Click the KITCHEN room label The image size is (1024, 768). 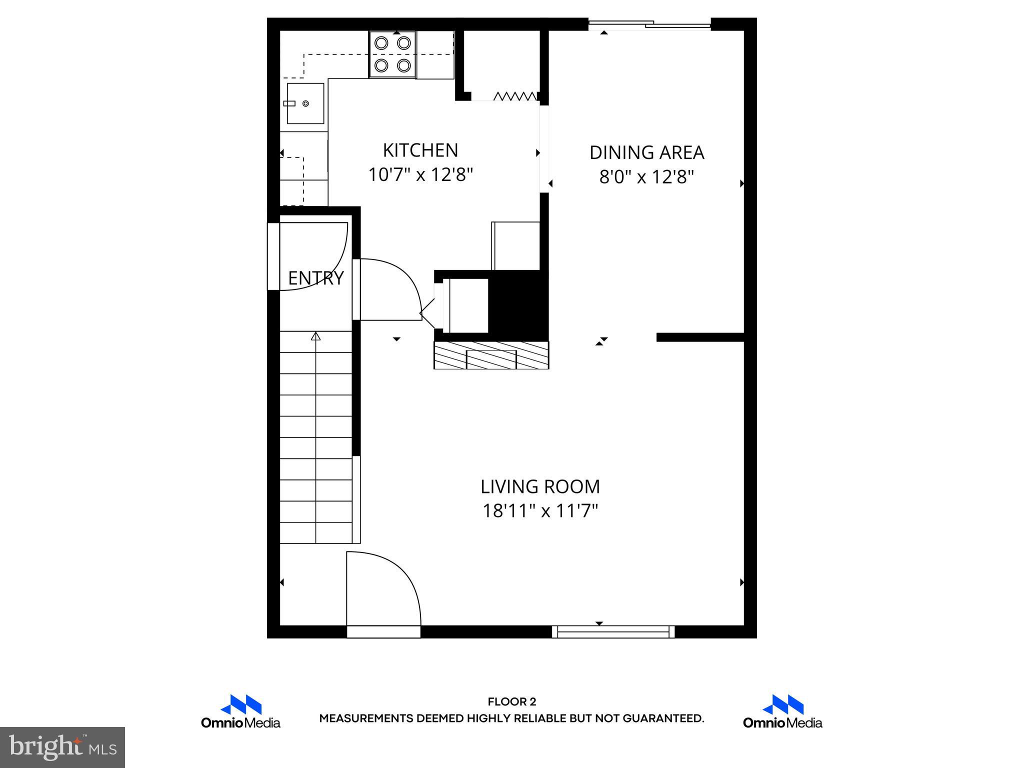pos(420,150)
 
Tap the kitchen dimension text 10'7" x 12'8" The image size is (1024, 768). pos(420,175)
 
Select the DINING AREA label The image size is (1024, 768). pos(646,152)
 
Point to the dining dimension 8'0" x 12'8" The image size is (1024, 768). pos(646,177)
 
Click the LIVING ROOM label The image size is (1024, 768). pos(540,486)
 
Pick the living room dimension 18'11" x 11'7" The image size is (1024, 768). pos(540,511)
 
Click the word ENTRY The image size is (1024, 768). pos(316,278)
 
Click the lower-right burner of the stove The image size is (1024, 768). pos(404,65)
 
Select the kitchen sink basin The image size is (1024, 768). pos(305,103)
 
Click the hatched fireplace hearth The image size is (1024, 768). pos(491,355)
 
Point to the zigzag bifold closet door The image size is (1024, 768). pos(515,96)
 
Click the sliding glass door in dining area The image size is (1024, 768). pos(649,23)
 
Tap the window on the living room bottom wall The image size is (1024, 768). pos(613,632)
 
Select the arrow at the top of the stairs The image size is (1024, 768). pos(315,336)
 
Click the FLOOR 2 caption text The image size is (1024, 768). pos(511,702)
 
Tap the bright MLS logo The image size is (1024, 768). pos(62,747)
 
